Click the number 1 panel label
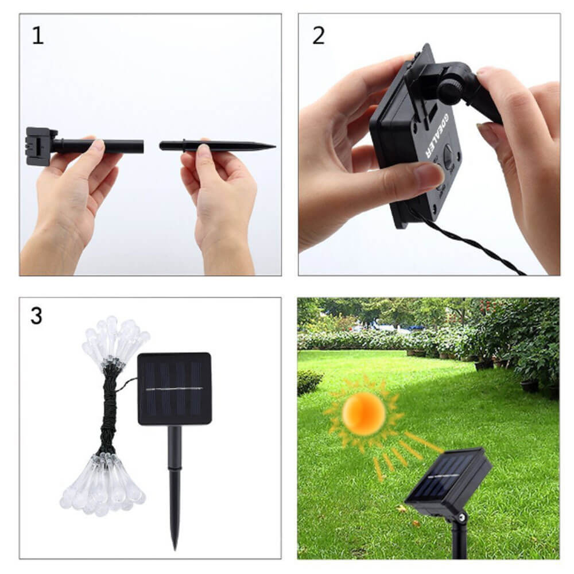tap(38, 36)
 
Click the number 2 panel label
tap(319, 36)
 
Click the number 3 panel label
tap(36, 316)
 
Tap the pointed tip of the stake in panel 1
tap(275, 146)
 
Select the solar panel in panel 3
tap(174, 389)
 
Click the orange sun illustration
tap(363, 414)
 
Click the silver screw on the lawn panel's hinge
tap(462, 517)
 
